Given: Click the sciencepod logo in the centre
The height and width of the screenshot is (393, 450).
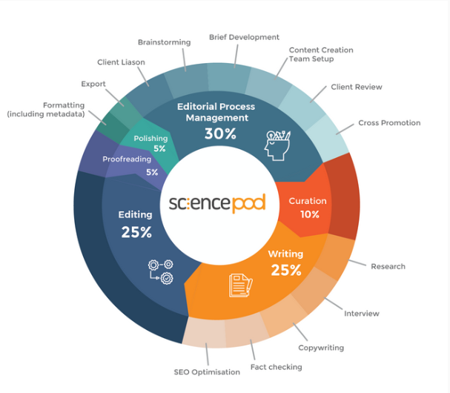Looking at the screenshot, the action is tap(217, 203).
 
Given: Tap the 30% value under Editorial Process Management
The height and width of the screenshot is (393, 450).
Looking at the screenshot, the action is tap(220, 133).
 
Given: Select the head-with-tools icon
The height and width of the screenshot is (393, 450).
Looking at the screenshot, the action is tap(277, 145).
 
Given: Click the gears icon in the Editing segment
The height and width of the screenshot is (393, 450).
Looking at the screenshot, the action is tap(161, 272).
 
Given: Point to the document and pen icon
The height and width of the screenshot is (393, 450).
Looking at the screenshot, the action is tap(240, 285).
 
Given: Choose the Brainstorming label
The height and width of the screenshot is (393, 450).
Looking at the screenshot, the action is tap(164, 42).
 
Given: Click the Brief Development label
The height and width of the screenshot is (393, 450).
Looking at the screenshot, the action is tap(244, 37).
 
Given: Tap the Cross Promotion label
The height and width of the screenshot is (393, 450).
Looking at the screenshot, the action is tap(389, 123).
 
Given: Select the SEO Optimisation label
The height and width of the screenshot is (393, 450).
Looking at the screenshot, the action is tap(207, 372).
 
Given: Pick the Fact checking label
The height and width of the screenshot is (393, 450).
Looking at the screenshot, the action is tap(276, 367).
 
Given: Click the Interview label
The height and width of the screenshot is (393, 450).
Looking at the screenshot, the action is tap(362, 314).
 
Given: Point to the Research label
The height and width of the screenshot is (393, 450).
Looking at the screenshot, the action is tap(388, 266).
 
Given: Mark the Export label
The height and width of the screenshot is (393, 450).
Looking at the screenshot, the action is tap(93, 84).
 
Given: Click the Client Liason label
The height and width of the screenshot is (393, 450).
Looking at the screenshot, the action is tap(121, 62).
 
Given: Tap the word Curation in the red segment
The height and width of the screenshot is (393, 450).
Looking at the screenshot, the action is tap(308, 201).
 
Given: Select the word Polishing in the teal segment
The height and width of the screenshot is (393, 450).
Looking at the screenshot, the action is tap(150, 139).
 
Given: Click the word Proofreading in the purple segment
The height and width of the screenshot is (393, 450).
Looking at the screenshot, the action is tap(127, 159).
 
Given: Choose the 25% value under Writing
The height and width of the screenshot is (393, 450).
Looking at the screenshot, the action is tap(286, 270).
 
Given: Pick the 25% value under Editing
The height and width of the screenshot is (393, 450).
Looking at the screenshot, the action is tap(136, 232).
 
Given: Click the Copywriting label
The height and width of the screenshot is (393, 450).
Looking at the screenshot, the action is tap(321, 348).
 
